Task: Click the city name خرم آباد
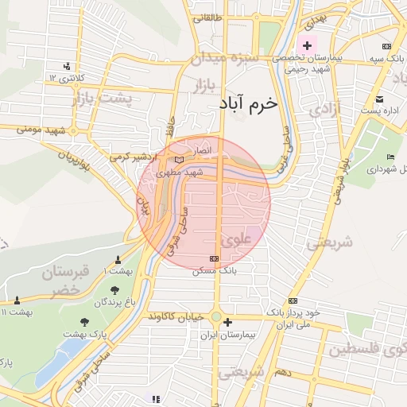coord(250,104)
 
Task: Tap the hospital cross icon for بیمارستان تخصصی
coord(308,45)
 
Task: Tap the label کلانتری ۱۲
coord(64,77)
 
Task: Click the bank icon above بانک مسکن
coord(214,259)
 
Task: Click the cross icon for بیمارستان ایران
coord(228,323)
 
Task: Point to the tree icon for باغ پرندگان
coord(114,290)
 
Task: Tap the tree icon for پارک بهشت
coord(85,322)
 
